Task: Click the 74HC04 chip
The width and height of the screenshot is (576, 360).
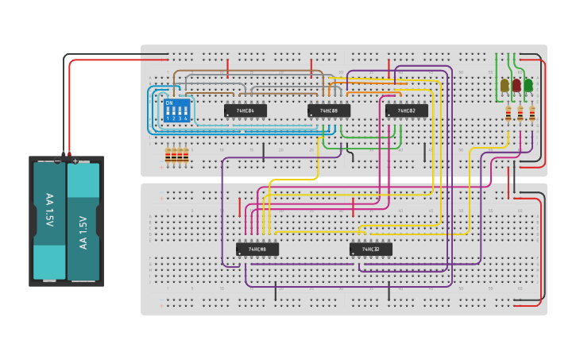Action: click(245, 110)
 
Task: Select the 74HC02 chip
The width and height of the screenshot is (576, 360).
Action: click(406, 110)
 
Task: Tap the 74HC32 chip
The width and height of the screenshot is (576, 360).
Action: click(370, 249)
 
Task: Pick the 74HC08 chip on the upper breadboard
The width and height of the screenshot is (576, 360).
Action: click(329, 110)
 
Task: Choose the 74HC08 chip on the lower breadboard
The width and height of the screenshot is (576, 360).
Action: click(257, 249)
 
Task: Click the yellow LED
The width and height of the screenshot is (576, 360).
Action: click(504, 85)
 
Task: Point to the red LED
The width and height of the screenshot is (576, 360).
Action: click(516, 85)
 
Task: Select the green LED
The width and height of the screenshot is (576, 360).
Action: click(528, 85)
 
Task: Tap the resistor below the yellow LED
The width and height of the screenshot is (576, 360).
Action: click(508, 114)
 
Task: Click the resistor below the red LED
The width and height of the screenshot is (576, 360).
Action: click(520, 114)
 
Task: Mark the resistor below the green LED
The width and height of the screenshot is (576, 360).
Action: click(532, 114)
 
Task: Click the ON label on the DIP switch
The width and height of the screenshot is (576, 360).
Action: click(168, 103)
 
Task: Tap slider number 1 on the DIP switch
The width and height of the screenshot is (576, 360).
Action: click(168, 110)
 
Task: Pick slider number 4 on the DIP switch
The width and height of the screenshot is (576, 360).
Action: click(186, 110)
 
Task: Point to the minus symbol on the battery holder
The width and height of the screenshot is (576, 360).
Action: click(57, 161)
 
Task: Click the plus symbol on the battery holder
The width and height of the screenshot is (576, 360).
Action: click(75, 161)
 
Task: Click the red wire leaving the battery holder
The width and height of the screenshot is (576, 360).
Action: click(70, 103)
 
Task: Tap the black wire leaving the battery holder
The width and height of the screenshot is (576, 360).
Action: click(64, 103)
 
